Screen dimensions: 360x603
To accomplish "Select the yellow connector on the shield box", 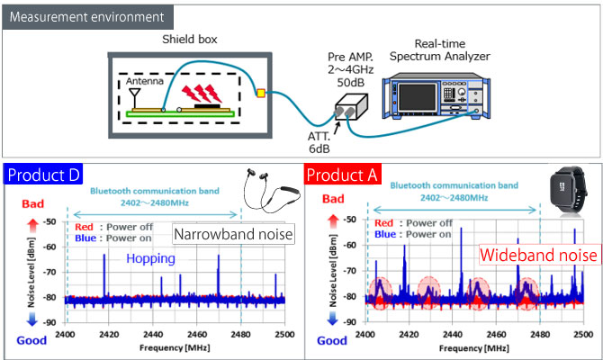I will pyautogui.click(x=260, y=92).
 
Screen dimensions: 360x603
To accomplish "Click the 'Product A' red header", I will pyautogui.click(x=345, y=174).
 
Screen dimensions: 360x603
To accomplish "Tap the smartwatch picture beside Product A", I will pyautogui.click(x=566, y=198).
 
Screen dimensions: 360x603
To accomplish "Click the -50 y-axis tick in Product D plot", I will pyautogui.click(x=49, y=220).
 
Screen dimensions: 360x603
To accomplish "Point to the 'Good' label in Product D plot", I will pyautogui.click(x=30, y=339).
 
